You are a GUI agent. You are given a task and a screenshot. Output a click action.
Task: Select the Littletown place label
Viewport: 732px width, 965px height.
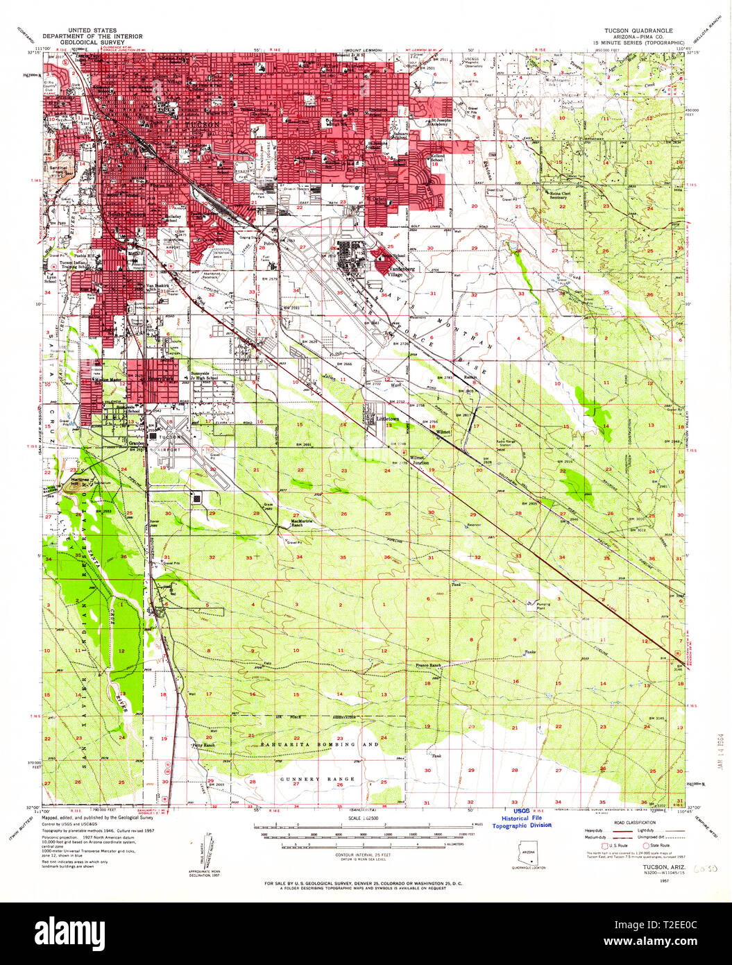click(387, 419)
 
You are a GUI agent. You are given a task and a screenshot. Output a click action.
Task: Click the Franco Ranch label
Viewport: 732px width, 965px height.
click(428, 665)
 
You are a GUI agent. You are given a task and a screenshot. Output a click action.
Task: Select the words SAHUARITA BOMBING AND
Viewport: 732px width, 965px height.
click(320, 744)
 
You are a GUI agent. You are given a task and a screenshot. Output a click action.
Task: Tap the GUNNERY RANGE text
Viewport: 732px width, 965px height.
click(318, 779)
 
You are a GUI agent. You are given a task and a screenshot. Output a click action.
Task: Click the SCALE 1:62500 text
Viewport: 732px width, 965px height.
click(364, 820)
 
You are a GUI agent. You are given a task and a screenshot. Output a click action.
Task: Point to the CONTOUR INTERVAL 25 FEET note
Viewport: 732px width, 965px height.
click(364, 855)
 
